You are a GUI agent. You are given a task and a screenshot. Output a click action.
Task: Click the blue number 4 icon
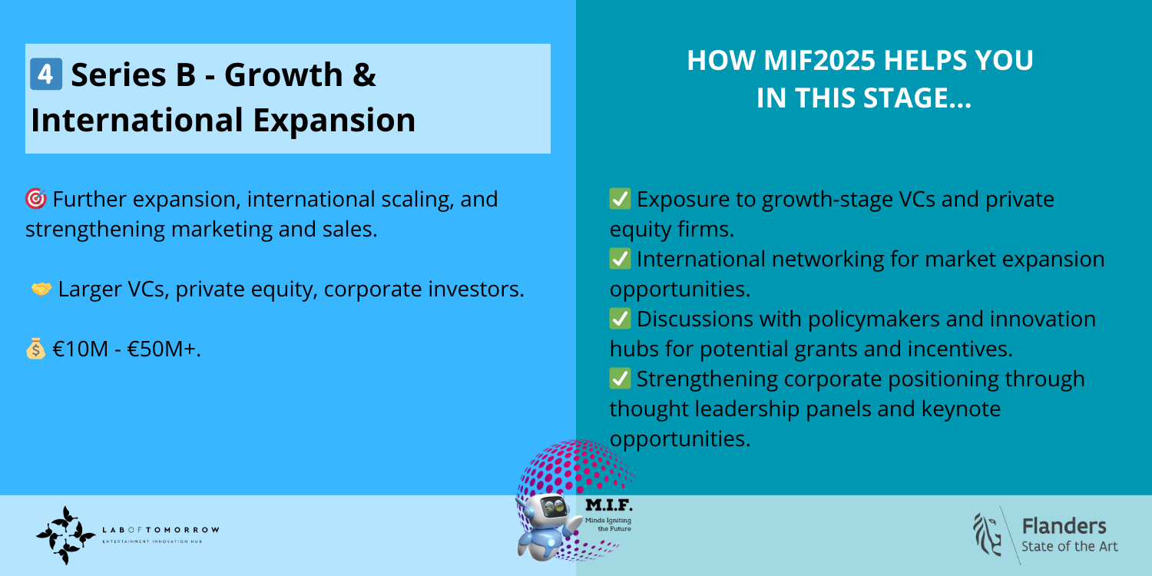point(46,74)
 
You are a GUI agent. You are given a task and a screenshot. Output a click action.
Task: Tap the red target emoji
point(36,199)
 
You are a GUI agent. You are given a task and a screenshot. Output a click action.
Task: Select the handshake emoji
point(41,289)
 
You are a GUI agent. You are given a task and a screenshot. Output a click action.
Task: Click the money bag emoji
point(35,349)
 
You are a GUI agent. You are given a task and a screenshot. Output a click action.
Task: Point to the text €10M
point(80,349)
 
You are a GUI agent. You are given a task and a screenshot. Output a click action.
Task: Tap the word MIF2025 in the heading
point(819,60)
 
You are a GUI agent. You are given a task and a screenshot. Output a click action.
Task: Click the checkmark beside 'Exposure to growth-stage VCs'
point(621,199)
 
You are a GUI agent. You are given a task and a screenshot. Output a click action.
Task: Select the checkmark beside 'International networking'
point(621,259)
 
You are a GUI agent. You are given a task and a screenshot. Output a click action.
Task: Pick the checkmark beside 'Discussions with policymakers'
point(621,319)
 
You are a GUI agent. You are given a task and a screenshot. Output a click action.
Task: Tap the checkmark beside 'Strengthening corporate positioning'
point(621,379)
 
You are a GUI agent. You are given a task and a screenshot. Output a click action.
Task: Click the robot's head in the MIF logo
point(548,508)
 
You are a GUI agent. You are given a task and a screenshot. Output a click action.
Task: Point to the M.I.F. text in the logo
point(609,505)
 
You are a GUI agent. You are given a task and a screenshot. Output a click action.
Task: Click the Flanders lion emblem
point(987,535)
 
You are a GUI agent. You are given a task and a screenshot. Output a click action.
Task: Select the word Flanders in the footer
point(1064,526)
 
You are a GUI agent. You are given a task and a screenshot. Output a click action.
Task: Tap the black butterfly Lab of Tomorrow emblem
point(65,535)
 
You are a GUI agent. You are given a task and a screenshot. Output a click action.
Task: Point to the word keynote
point(962,409)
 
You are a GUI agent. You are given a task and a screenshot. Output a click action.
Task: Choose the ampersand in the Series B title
point(364,75)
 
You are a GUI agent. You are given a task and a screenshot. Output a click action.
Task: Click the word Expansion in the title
point(334,121)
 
